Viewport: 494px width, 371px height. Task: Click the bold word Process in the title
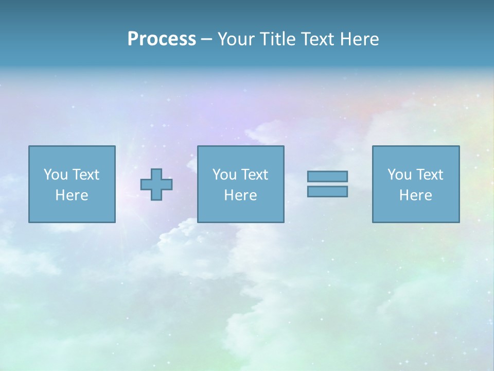[162, 39]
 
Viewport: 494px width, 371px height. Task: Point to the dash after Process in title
[206, 40]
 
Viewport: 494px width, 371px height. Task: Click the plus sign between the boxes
[156, 184]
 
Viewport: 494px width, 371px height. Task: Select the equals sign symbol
[327, 184]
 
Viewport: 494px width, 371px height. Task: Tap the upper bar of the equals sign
[327, 176]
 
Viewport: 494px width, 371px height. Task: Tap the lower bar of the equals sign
[327, 191]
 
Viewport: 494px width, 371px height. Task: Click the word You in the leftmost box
[56, 175]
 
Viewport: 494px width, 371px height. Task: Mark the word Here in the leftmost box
[72, 195]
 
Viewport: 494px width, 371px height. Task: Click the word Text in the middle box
[254, 175]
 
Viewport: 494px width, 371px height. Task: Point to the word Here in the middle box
[241, 195]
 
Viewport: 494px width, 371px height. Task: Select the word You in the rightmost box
[399, 175]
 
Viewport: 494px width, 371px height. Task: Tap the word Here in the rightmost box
[416, 195]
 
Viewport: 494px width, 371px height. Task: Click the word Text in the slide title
[315, 39]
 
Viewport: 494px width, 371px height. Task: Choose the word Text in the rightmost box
[429, 175]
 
